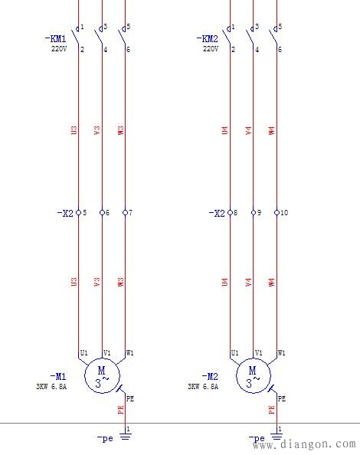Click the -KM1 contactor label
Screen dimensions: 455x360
coord(57,38)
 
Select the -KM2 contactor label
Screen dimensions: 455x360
coord(208,38)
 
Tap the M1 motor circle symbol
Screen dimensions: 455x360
coord(102,375)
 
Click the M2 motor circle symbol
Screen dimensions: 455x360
coord(253,375)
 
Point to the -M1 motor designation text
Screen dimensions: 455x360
coord(58,376)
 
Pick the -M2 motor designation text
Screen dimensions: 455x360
coord(210,376)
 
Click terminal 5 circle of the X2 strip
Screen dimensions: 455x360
coord(79,212)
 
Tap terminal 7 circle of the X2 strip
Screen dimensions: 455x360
coord(125,212)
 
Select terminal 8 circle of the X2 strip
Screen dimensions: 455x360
coord(231,212)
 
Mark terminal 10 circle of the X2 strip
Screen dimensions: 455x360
coord(277,212)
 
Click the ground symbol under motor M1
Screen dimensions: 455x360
coord(126,438)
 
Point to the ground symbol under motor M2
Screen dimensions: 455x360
coord(277,438)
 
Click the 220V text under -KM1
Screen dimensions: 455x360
coord(60,48)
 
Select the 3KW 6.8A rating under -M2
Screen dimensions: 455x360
coord(203,387)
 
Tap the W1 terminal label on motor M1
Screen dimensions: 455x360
coord(130,353)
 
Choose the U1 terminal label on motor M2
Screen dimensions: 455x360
coord(234,353)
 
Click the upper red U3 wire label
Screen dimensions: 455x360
coord(74,130)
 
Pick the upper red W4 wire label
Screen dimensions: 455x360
coord(271,130)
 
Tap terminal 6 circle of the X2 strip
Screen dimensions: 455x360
coord(102,212)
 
